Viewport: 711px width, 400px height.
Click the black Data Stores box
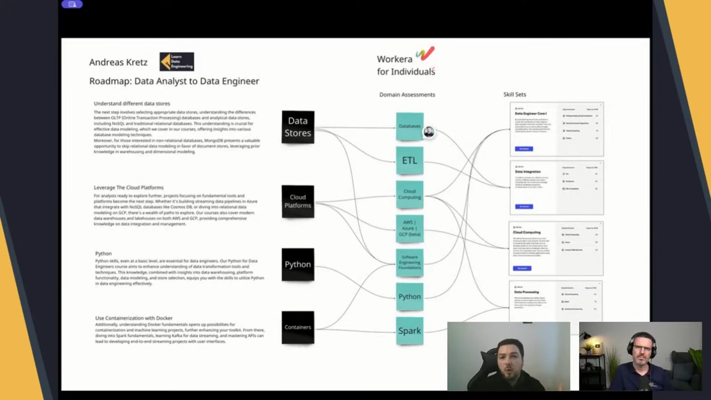298,127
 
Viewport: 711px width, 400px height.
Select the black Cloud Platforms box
298,201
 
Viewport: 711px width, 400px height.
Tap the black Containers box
298,327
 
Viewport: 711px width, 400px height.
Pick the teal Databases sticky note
409,126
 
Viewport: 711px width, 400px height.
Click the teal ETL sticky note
409,161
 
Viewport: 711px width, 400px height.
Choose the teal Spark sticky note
409,331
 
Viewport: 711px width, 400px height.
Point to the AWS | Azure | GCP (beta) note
409,228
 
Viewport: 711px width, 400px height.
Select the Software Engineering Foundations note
409,262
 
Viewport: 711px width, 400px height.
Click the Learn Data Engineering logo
177,62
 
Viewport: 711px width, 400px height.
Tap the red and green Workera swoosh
425,54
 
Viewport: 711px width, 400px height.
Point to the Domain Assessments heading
407,94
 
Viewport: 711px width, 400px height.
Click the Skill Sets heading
514,94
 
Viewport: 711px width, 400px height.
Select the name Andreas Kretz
118,62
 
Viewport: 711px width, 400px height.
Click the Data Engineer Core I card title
531,113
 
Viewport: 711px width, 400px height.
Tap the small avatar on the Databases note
429,132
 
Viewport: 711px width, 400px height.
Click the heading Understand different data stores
132,103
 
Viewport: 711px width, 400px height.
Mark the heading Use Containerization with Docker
134,318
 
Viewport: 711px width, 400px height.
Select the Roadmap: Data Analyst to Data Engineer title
174,81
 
